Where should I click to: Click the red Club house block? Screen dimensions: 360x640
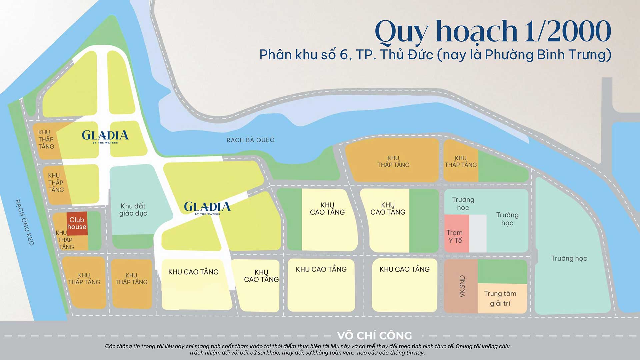coord(77,223)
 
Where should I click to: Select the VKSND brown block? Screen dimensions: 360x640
coord(461,286)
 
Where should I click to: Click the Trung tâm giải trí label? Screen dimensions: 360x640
coord(500,298)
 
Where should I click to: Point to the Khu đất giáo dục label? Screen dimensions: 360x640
coord(133,210)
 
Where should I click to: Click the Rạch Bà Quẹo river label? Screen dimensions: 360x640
coord(250,140)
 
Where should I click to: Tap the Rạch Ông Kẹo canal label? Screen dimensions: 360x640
coord(25,222)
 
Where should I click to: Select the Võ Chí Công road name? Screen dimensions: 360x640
coord(374,335)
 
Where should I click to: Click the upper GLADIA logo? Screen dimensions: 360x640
coord(105,136)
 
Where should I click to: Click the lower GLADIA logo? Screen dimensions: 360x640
coord(207,207)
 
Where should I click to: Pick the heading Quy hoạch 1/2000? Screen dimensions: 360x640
coord(492,32)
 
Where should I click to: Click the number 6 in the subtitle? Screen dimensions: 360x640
coord(344,55)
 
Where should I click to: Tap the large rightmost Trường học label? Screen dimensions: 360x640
coord(569,258)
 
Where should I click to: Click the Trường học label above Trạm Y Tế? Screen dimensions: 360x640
coord(463,203)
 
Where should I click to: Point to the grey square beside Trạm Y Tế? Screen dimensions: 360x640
coord(478,233)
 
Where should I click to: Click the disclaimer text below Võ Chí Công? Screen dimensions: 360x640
coord(307,349)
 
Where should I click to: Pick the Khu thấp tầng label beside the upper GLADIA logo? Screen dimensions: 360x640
coord(46,139)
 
